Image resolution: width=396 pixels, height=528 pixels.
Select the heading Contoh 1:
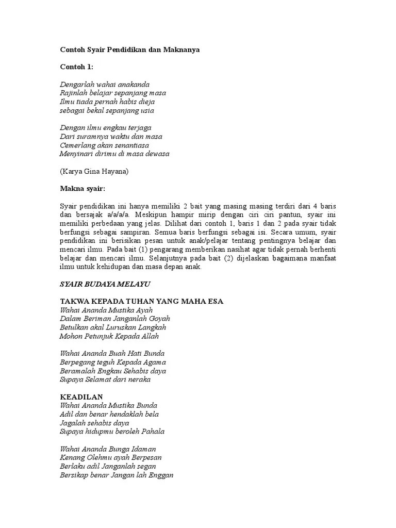pyautogui.click(x=77, y=67)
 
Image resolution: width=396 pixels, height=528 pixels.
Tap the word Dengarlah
pyautogui.click(x=76, y=84)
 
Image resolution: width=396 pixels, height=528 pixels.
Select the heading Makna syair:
pyautogui.click(x=82, y=189)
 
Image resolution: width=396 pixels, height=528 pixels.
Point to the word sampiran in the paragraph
pyautogui.click(x=124, y=232)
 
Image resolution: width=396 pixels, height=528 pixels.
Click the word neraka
pyautogui.click(x=138, y=379)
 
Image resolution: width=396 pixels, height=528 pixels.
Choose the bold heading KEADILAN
pyautogui.click(x=81, y=397)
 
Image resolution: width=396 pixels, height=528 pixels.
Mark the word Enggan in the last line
pyautogui.click(x=160, y=475)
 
